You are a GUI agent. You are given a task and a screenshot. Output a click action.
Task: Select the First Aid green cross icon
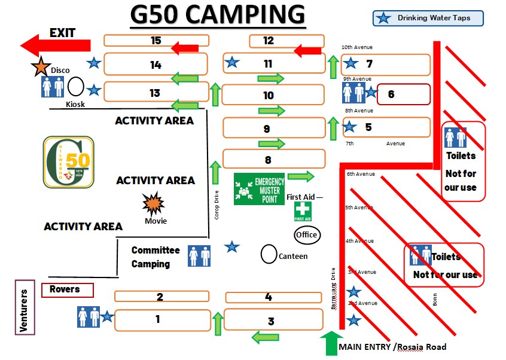[x=303, y=211]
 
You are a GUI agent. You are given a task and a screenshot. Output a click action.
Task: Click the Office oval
[x=306, y=235]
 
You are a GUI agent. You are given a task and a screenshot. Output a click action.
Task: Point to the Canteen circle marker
[x=269, y=254]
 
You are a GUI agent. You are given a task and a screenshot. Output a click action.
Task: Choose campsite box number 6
[x=403, y=94]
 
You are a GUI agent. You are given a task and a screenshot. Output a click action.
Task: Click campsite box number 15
[x=156, y=41]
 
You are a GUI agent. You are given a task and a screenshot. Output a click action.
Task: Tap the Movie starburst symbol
[x=154, y=205]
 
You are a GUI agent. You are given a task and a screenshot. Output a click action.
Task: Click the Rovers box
[x=68, y=290]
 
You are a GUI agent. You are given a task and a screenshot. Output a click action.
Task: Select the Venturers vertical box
[x=25, y=310]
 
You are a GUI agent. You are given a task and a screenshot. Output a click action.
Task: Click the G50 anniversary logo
[x=69, y=161]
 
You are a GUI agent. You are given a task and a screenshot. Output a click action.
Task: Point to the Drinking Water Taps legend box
[x=428, y=18]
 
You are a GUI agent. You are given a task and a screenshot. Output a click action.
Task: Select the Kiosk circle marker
[x=75, y=88]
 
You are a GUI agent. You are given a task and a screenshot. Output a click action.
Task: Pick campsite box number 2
[x=161, y=297]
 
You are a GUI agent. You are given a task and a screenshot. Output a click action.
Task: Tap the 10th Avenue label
[x=357, y=47]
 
